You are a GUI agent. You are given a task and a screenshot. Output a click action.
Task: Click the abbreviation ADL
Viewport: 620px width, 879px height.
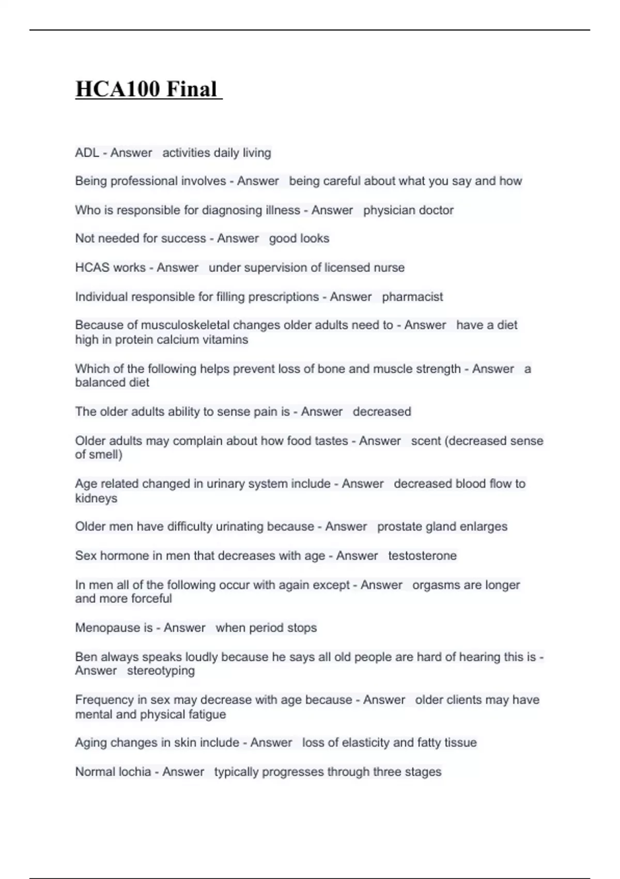(87, 153)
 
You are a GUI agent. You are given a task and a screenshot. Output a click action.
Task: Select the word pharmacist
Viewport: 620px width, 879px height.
(412, 297)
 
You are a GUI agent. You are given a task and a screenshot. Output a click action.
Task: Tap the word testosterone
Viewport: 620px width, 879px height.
(422, 556)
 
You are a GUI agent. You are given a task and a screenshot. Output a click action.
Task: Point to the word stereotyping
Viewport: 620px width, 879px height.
(161, 671)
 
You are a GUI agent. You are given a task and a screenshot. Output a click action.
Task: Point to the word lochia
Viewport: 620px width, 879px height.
(132, 772)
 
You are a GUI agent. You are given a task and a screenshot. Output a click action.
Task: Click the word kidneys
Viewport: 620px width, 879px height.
(96, 498)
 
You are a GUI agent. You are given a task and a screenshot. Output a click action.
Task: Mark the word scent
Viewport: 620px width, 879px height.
(426, 441)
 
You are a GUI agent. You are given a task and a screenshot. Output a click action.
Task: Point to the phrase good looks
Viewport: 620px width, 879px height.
(299, 238)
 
